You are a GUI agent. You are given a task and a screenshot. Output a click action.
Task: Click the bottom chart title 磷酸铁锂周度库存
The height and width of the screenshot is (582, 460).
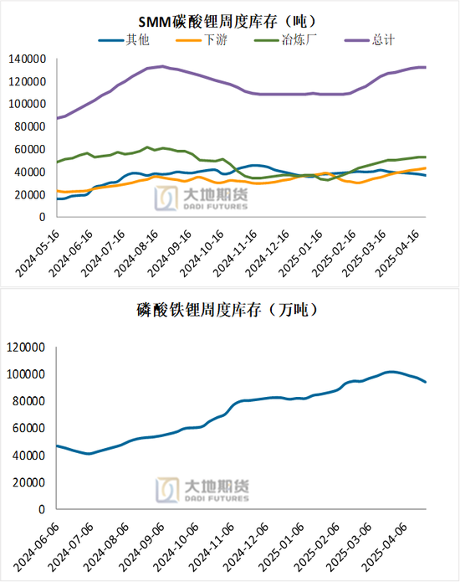[x=228, y=309]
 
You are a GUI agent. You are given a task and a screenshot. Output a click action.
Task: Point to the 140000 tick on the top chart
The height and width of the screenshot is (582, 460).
[x=28, y=59]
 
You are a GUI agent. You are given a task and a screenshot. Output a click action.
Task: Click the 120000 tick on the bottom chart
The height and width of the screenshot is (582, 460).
[x=28, y=346]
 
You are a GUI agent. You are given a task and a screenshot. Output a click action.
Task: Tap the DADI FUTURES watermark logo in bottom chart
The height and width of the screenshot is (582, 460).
[x=201, y=489]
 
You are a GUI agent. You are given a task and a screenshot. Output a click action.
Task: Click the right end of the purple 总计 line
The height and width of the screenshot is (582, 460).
[x=425, y=67]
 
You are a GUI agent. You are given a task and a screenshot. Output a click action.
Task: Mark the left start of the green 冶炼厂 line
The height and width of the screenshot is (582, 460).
[x=57, y=162]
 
